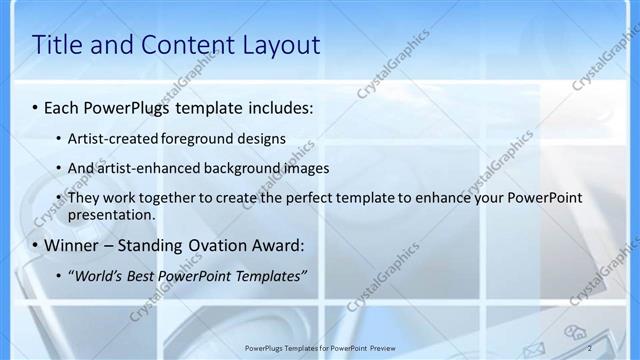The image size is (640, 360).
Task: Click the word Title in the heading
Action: pos(59,45)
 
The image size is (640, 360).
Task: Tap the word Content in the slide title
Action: pos(181,45)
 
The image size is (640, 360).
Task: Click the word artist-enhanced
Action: pos(141,168)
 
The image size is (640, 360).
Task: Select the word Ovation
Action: pos(214,245)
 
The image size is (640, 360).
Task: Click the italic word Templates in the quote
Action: pos(268,275)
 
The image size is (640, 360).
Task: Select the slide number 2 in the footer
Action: pos(589,347)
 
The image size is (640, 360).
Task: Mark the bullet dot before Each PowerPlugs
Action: pos(36,106)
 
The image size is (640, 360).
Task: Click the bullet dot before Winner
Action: pos(36,245)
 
